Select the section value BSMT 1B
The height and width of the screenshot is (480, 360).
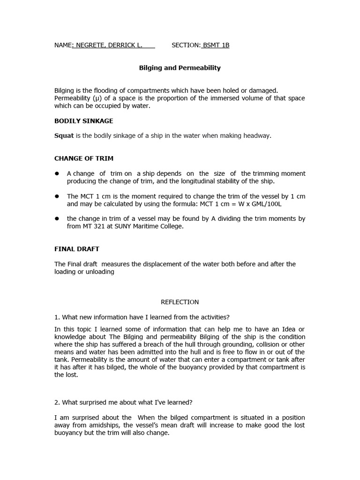pos(216,45)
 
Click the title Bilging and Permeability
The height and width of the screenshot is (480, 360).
pos(180,68)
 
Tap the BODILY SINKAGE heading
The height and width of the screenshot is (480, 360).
pos(83,121)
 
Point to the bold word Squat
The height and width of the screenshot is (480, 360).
pos(64,136)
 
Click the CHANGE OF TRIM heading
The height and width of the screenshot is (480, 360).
pos(84,158)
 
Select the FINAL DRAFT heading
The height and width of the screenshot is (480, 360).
pos(77,249)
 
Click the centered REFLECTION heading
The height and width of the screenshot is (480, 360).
pos(180,302)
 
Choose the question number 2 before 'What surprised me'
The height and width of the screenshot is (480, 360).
pos(56,402)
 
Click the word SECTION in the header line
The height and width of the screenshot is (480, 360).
pos(186,45)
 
